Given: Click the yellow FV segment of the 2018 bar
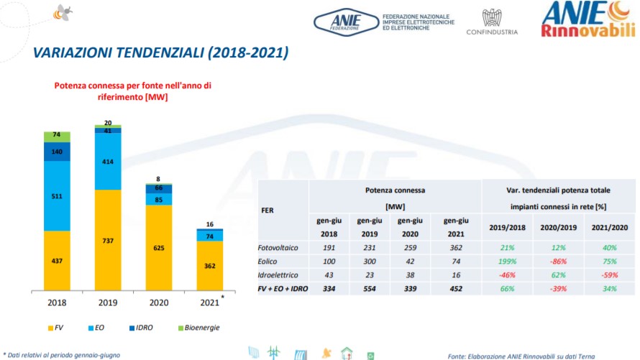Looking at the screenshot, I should point(58,260).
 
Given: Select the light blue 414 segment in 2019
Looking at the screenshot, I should point(108,162).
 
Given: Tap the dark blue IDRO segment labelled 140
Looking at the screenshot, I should point(58,152).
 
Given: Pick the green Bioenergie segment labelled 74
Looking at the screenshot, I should point(58,136).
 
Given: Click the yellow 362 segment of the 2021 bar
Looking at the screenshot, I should point(209,265).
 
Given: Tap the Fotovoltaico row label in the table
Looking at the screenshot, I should point(277,248).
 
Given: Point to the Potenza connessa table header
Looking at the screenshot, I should point(395,190).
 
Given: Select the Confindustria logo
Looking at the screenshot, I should point(492,22).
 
